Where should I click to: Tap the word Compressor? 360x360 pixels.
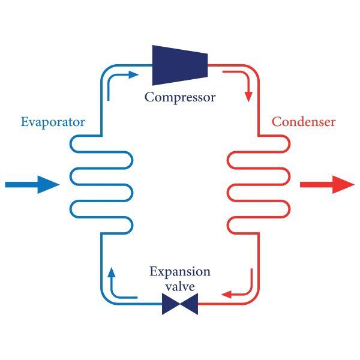pyautogui.click(x=179, y=96)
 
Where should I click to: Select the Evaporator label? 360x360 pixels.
pyautogui.click(x=53, y=122)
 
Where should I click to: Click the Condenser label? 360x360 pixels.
pyautogui.click(x=304, y=122)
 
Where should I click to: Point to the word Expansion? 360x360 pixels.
pyautogui.click(x=180, y=272)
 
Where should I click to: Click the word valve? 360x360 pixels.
pyautogui.click(x=180, y=287)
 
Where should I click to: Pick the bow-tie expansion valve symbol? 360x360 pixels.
pyautogui.click(x=180, y=305)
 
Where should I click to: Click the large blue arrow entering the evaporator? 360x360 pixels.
pyautogui.click(x=30, y=184)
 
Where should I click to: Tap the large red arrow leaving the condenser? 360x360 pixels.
pyautogui.click(x=327, y=184)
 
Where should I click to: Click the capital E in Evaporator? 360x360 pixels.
pyautogui.click(x=25, y=122)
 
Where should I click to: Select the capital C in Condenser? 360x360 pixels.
pyautogui.click(x=277, y=122)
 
